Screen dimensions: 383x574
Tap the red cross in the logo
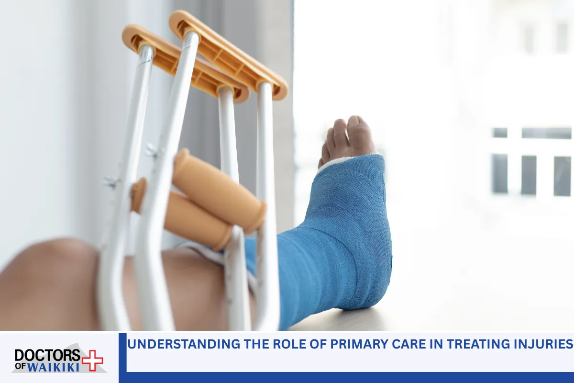point(92,360)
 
